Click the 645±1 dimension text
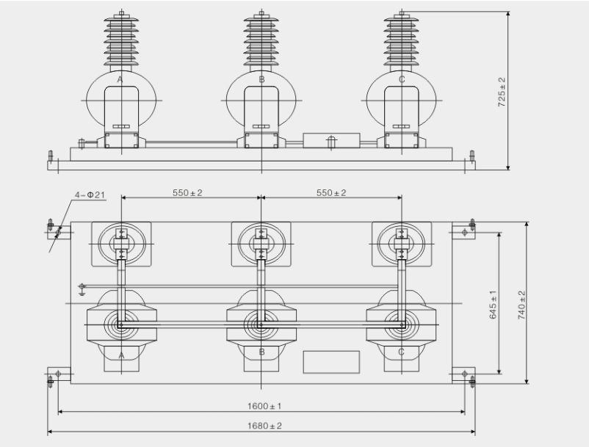[x=494, y=303]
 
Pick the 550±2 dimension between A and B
[x=187, y=192]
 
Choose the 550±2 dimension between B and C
[x=331, y=192]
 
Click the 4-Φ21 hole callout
[x=88, y=195]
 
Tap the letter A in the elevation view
[x=120, y=78]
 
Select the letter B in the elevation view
[x=261, y=78]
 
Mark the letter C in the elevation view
[x=402, y=78]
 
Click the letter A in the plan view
[x=120, y=352]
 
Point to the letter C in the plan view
[x=402, y=352]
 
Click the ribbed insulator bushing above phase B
[x=261, y=40]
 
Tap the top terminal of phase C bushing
[x=402, y=12]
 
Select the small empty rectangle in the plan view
[x=331, y=360]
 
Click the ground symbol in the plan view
[x=82, y=286]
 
